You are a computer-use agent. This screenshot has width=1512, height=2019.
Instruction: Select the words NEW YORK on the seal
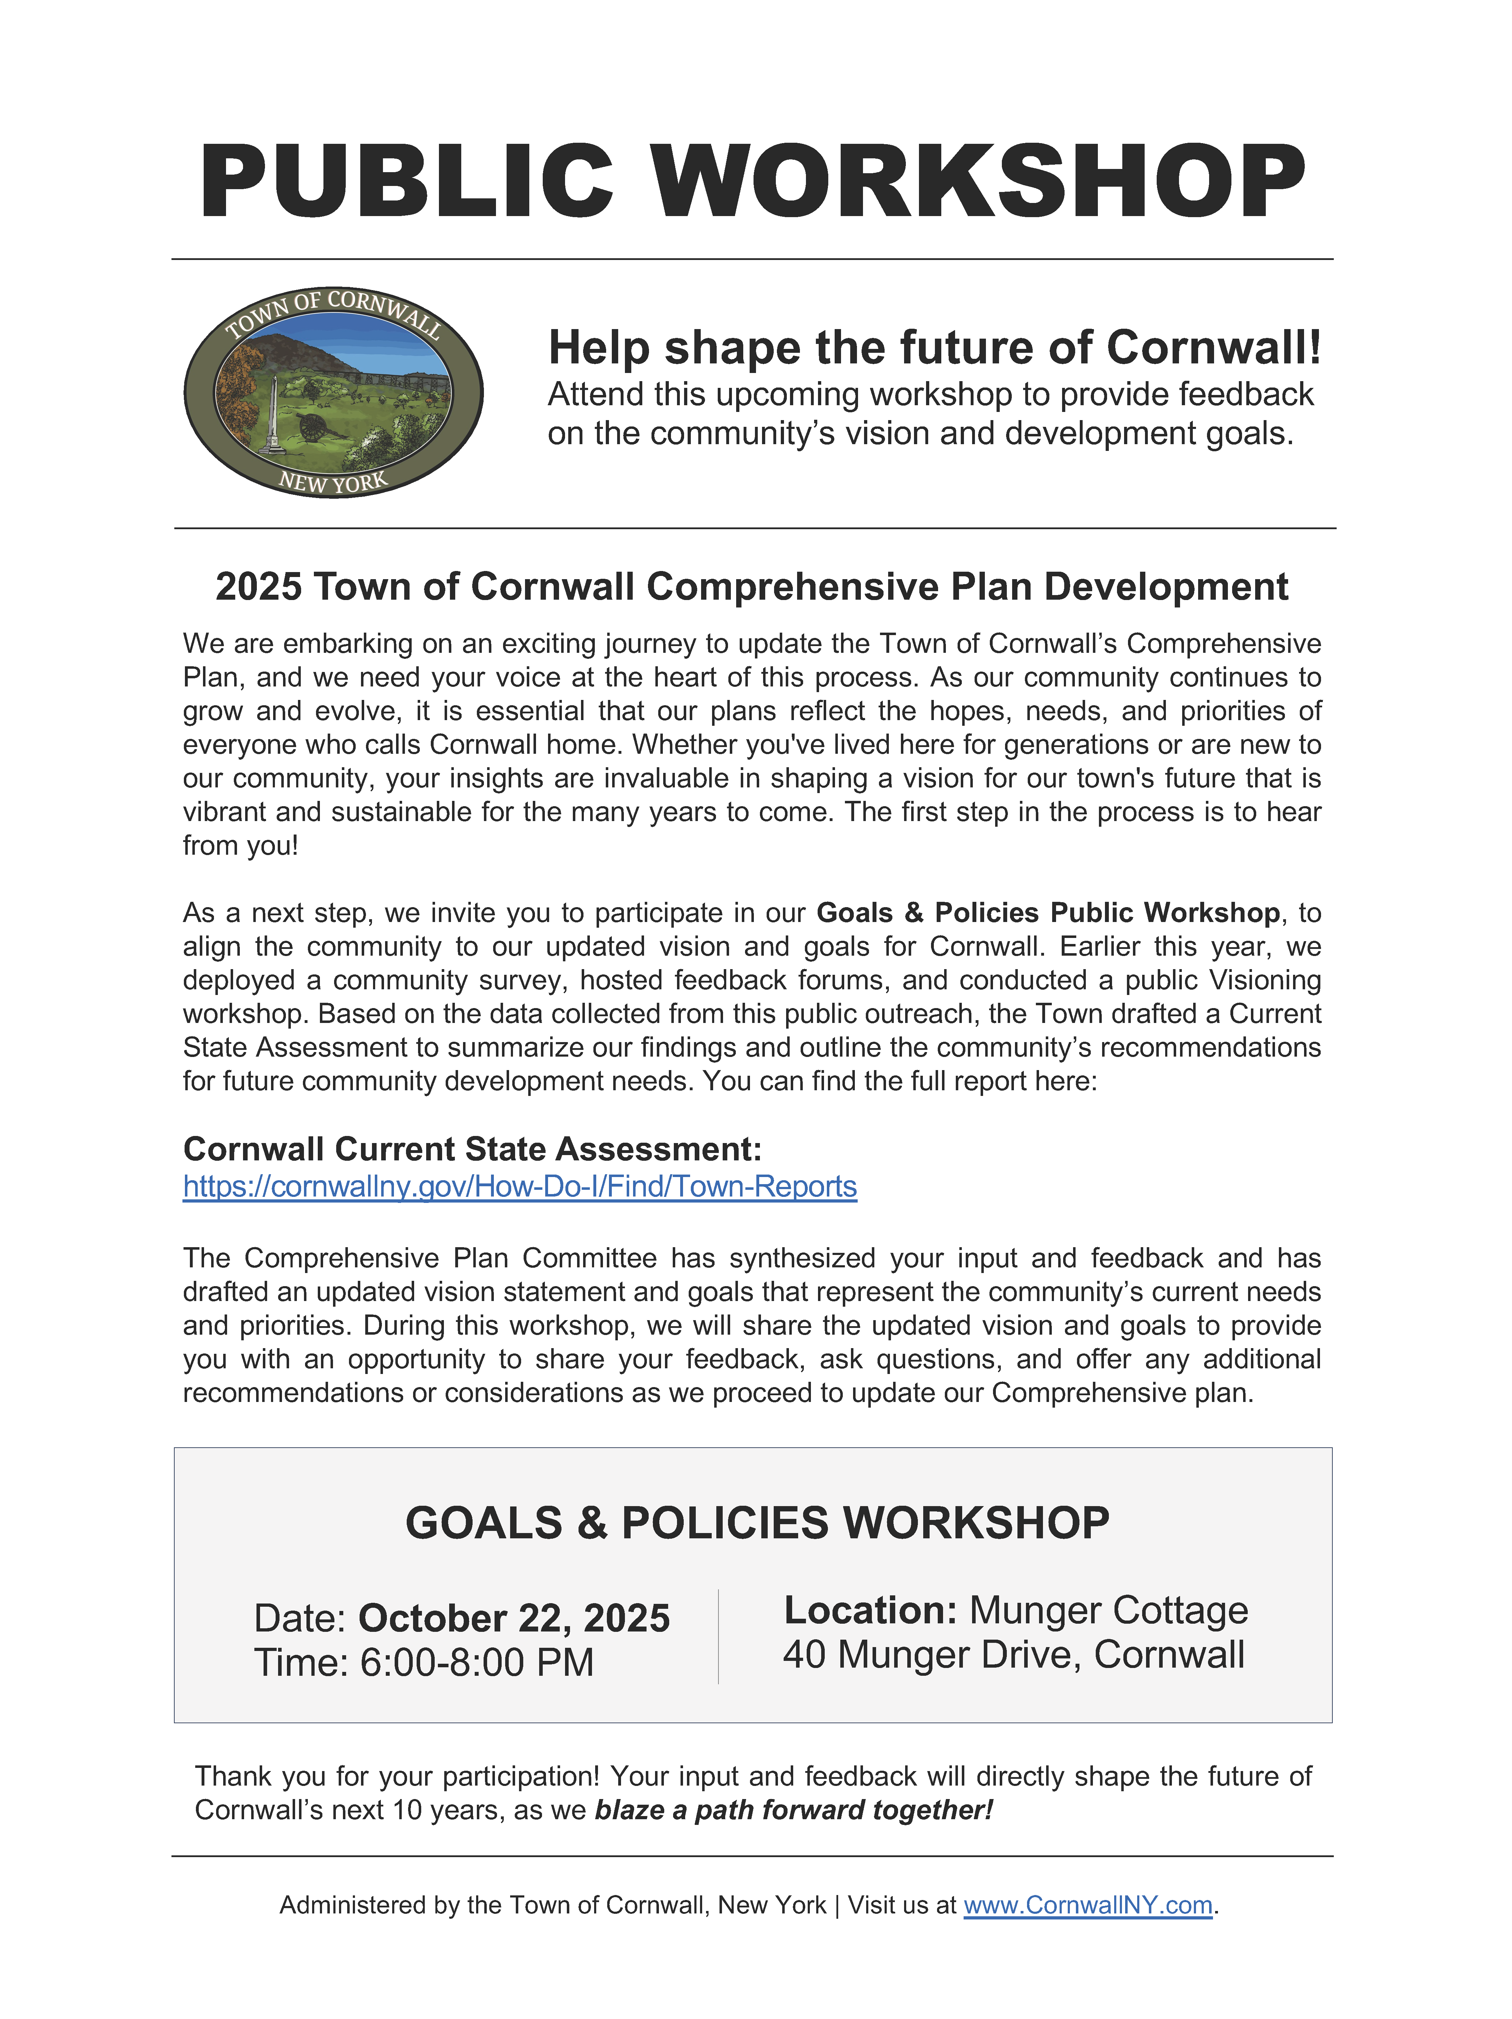point(333,481)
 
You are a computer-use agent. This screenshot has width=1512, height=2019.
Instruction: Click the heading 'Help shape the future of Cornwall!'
point(934,348)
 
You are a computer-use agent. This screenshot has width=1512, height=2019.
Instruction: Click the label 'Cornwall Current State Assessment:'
point(472,1148)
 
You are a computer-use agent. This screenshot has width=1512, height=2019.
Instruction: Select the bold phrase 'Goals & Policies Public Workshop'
point(1047,913)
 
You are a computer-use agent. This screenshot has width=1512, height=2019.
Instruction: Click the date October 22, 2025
point(514,1618)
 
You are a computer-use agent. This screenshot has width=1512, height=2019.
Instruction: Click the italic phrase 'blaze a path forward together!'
point(794,1810)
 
